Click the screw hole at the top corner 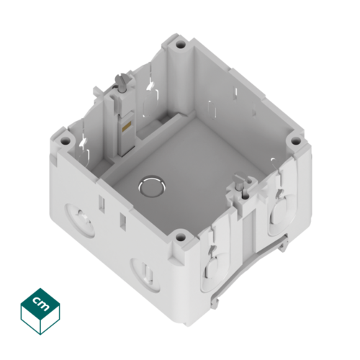coord(181,45)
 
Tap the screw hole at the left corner coord(64,141)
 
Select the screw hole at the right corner coord(296,141)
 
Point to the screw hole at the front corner coord(181,238)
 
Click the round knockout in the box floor coord(152,186)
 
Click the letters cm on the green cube coord(40,304)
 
